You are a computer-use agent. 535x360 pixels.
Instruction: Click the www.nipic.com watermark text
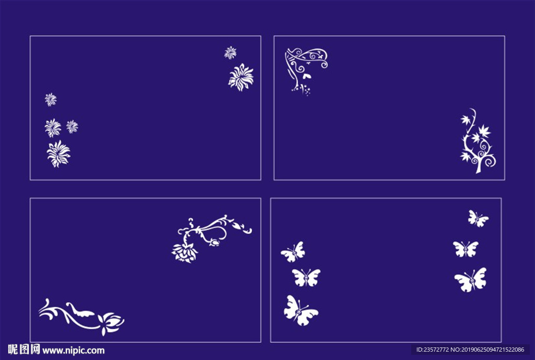click(73, 351)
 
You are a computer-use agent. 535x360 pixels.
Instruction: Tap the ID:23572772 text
click(433, 350)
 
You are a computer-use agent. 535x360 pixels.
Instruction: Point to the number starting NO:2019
click(487, 350)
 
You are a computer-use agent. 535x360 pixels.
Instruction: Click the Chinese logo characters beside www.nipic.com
click(24, 350)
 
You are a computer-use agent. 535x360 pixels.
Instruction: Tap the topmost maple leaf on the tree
click(466, 120)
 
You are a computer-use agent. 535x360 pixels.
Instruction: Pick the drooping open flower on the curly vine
click(184, 253)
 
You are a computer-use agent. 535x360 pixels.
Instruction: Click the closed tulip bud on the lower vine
click(111, 323)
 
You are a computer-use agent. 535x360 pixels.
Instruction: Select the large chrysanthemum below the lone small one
click(241, 77)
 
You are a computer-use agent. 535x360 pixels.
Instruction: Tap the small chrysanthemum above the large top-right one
click(230, 53)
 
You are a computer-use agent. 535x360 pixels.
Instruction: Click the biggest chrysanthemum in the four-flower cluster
click(59, 154)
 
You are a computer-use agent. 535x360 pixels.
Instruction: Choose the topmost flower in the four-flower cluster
click(51, 100)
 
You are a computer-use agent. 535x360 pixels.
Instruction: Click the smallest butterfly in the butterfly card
click(478, 219)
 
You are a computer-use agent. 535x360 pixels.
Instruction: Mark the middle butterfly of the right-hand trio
click(466, 249)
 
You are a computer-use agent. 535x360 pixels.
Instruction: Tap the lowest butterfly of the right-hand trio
click(471, 280)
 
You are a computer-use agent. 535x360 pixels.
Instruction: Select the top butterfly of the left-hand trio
click(293, 252)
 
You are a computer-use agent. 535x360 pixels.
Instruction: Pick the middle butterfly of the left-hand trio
click(306, 277)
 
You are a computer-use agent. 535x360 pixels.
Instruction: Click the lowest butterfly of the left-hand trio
click(300, 310)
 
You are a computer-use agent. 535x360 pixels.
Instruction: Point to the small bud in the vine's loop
click(215, 242)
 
